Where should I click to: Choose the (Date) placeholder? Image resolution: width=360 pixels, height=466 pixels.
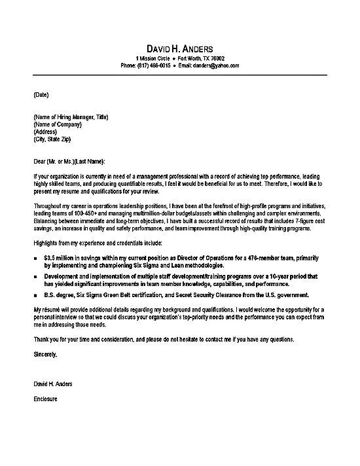40,95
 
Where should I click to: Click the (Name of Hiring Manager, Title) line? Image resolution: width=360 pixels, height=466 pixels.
70,116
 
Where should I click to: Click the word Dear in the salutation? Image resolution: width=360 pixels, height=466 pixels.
39,161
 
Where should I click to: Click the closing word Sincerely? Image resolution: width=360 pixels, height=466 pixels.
45,355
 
